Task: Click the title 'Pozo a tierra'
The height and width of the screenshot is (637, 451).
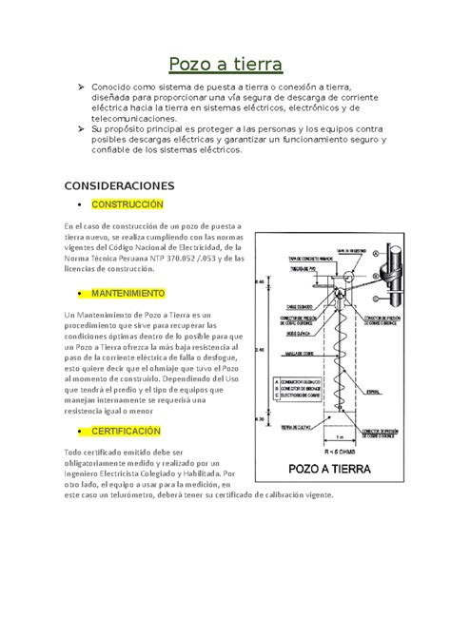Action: pyautogui.click(x=225, y=65)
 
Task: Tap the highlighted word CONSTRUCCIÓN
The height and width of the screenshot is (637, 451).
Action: pyautogui.click(x=127, y=205)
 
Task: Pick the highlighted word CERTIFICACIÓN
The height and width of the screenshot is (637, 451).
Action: pyautogui.click(x=127, y=431)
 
